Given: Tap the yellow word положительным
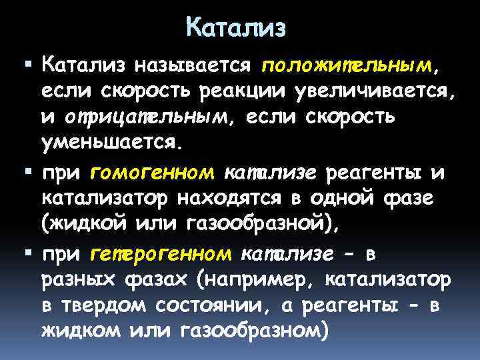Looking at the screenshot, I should [x=347, y=65].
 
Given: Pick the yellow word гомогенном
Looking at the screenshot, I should [x=151, y=173].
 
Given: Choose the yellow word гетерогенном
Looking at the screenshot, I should [x=160, y=255].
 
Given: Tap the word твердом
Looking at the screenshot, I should [x=103, y=305].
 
